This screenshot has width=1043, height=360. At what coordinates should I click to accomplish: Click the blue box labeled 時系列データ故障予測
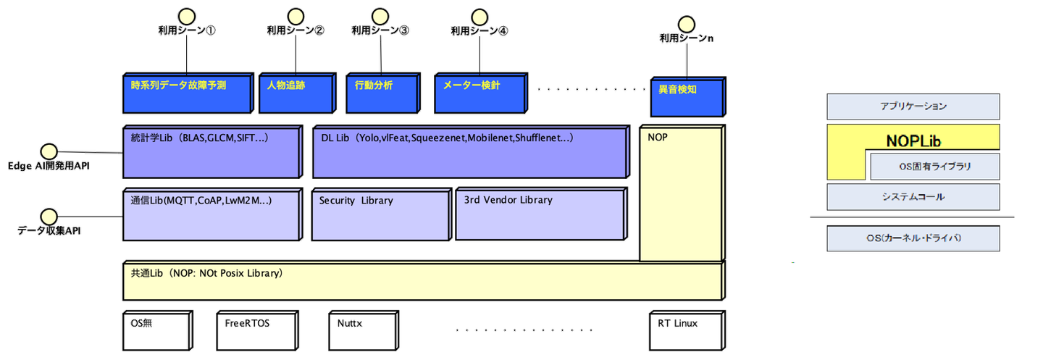pos(188,93)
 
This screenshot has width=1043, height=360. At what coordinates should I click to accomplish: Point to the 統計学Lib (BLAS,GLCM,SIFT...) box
pos(211,153)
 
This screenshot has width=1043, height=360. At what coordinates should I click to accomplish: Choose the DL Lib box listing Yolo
pos(470,153)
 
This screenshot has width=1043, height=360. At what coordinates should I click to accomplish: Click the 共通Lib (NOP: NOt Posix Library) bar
pos(423,281)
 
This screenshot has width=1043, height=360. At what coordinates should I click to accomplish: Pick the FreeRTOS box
pos(256,330)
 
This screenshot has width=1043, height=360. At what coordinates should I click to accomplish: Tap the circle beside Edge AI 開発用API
pos(49,151)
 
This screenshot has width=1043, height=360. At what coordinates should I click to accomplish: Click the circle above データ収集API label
pos(49,216)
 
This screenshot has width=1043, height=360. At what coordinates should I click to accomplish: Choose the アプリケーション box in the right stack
pos(913,106)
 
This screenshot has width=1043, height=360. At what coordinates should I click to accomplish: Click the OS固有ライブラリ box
pos(934,167)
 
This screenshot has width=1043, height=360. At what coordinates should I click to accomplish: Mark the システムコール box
pos(913,196)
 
